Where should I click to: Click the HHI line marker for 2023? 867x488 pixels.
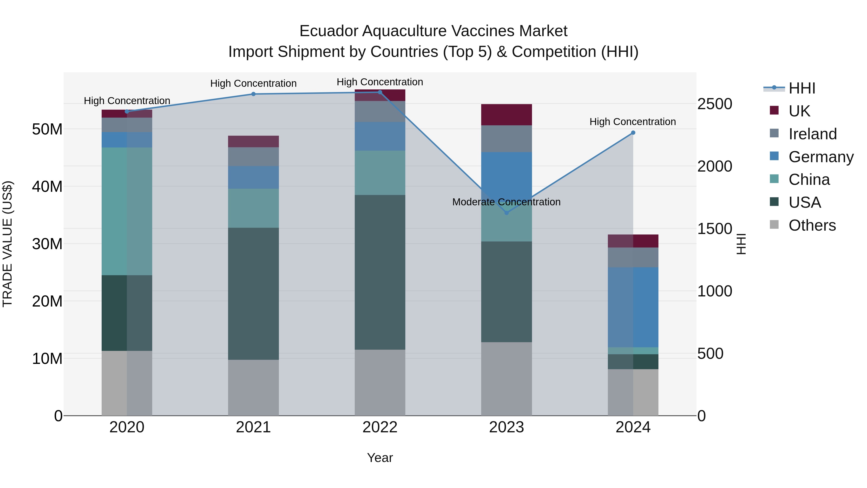click(x=506, y=213)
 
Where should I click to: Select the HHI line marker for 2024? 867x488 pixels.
click(x=633, y=133)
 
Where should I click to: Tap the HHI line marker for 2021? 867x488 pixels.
click(x=253, y=94)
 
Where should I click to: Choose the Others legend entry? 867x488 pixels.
click(x=812, y=225)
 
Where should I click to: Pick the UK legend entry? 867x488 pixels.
click(x=799, y=111)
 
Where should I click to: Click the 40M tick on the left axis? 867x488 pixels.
click(x=47, y=187)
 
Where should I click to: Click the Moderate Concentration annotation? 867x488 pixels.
click(x=506, y=202)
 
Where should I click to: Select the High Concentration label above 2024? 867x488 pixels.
click(x=632, y=122)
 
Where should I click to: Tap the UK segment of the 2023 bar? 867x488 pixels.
click(x=506, y=115)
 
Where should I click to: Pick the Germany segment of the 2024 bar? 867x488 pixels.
click(x=633, y=307)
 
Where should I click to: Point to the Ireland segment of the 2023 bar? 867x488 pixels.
click(x=506, y=139)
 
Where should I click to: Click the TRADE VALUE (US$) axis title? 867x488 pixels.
click(x=7, y=244)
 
